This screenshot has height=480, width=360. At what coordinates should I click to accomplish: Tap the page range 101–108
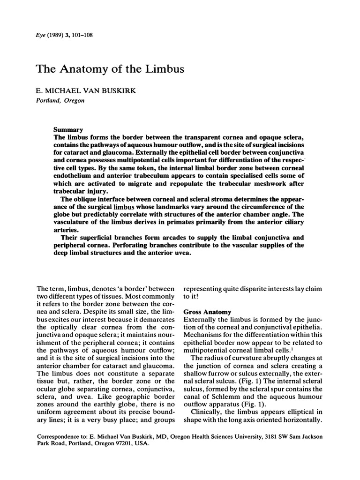[x=85, y=36]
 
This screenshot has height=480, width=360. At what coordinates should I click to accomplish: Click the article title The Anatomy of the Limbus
[x=110, y=69]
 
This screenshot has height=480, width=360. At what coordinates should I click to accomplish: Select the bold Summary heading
[x=68, y=129]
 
